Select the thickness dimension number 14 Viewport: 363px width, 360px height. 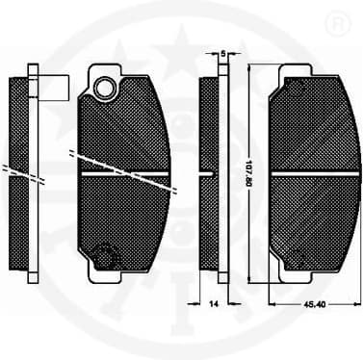coord(214,303)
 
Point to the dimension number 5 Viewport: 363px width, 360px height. coord(223,54)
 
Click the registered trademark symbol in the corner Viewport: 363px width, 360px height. coord(339,20)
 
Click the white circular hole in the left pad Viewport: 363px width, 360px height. coord(104,88)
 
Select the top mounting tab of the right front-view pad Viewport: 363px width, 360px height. coord(296,70)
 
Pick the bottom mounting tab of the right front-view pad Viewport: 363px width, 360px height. coord(296,277)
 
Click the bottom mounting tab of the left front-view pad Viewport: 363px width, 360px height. coord(105,276)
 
